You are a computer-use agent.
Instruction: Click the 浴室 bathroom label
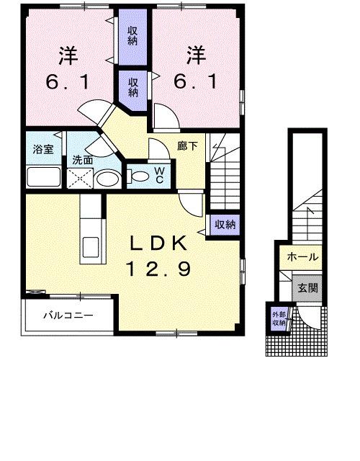click(42, 150)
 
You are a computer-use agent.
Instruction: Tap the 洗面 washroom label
click(81, 160)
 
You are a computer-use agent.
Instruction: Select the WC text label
click(160, 174)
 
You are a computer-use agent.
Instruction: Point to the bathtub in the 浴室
click(42, 176)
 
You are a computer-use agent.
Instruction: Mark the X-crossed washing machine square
click(77, 179)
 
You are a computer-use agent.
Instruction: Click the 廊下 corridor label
click(187, 145)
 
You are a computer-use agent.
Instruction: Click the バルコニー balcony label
click(67, 315)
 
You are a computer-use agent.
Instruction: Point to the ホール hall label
click(302, 257)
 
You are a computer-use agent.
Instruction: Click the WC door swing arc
click(157, 150)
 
